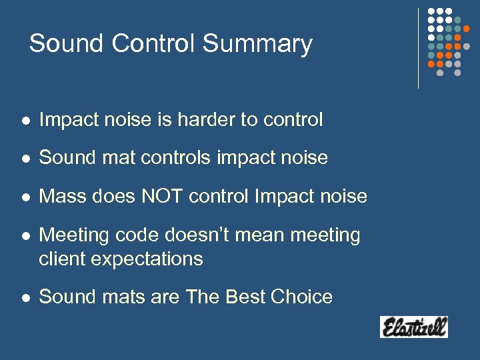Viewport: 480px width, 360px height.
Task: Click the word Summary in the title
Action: click(x=257, y=44)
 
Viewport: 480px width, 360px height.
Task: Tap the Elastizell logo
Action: click(x=413, y=327)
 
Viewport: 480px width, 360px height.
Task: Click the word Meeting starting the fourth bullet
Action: click(x=75, y=235)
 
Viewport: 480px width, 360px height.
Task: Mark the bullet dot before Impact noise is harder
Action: click(x=24, y=121)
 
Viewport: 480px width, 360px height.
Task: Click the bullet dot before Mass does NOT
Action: click(x=24, y=197)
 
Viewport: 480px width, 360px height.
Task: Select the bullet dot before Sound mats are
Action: click(x=24, y=297)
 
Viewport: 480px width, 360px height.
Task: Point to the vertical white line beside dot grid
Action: click(x=418, y=48)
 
